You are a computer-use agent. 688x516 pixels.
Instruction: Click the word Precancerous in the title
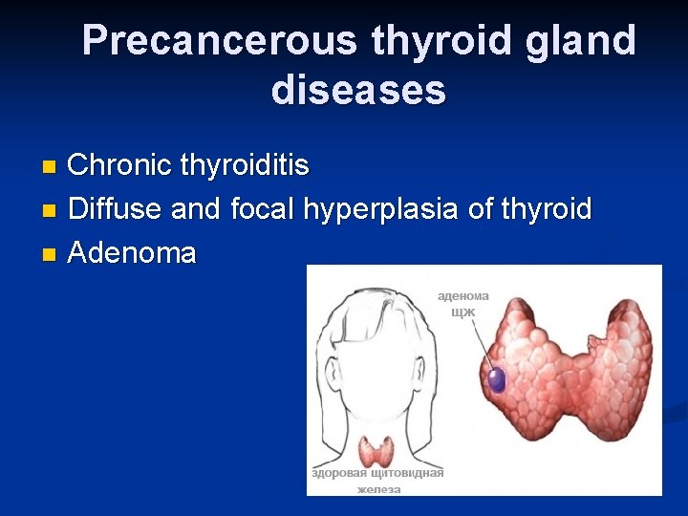(221, 41)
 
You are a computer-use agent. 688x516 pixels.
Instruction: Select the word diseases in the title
(358, 90)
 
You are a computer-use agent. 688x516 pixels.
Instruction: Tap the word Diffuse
(117, 208)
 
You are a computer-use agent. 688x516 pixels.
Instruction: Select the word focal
(263, 208)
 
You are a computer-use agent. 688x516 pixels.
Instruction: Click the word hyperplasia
(382, 208)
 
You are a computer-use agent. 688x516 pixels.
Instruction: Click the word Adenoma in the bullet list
(133, 253)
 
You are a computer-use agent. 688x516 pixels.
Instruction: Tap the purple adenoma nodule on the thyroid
(497, 379)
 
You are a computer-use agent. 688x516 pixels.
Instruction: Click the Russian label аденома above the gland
(463, 296)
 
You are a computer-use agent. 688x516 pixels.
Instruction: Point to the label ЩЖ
(463, 312)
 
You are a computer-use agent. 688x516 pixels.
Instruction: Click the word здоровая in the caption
(341, 473)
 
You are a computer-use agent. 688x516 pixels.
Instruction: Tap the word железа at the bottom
(378, 488)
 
